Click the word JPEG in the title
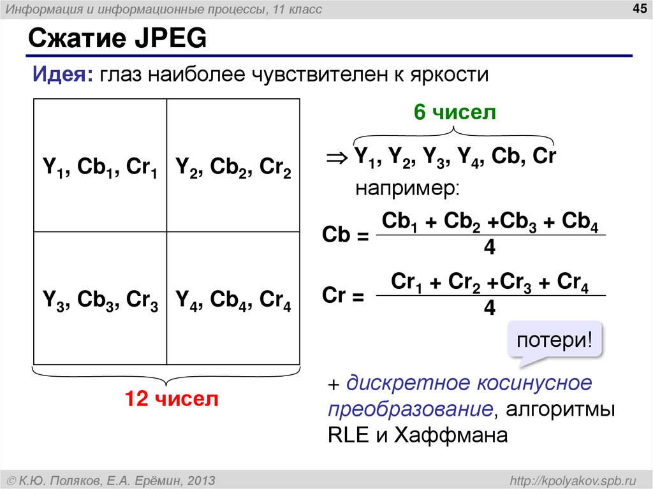170,40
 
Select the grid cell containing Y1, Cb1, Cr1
100,166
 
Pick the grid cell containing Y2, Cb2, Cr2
233,166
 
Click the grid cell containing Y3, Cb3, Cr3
100,298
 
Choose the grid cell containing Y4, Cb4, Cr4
233,298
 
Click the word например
406,189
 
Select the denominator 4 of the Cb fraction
490,248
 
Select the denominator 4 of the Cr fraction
490,309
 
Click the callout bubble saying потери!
554,339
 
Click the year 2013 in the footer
200,479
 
